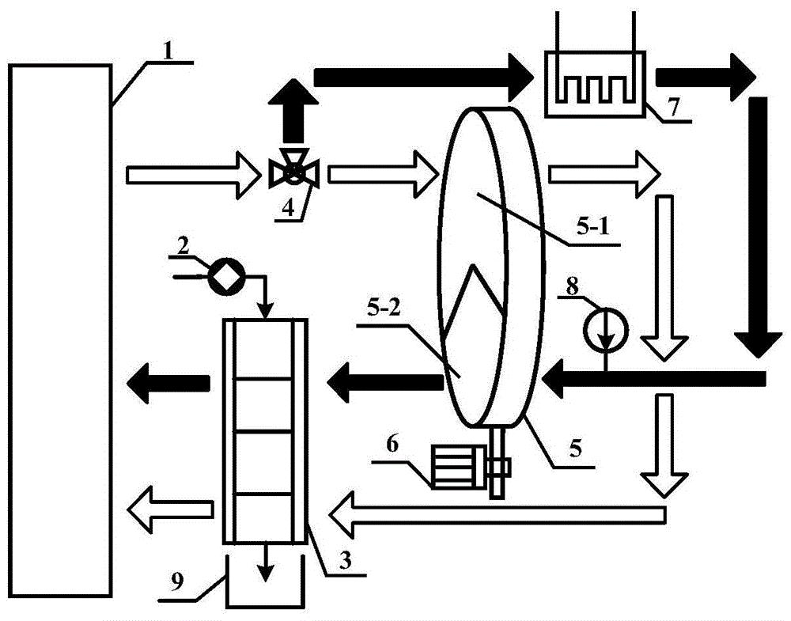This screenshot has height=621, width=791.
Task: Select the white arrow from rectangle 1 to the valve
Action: (193, 171)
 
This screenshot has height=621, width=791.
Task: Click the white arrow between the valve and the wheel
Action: (383, 171)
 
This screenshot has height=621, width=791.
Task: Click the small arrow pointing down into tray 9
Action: (264, 562)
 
